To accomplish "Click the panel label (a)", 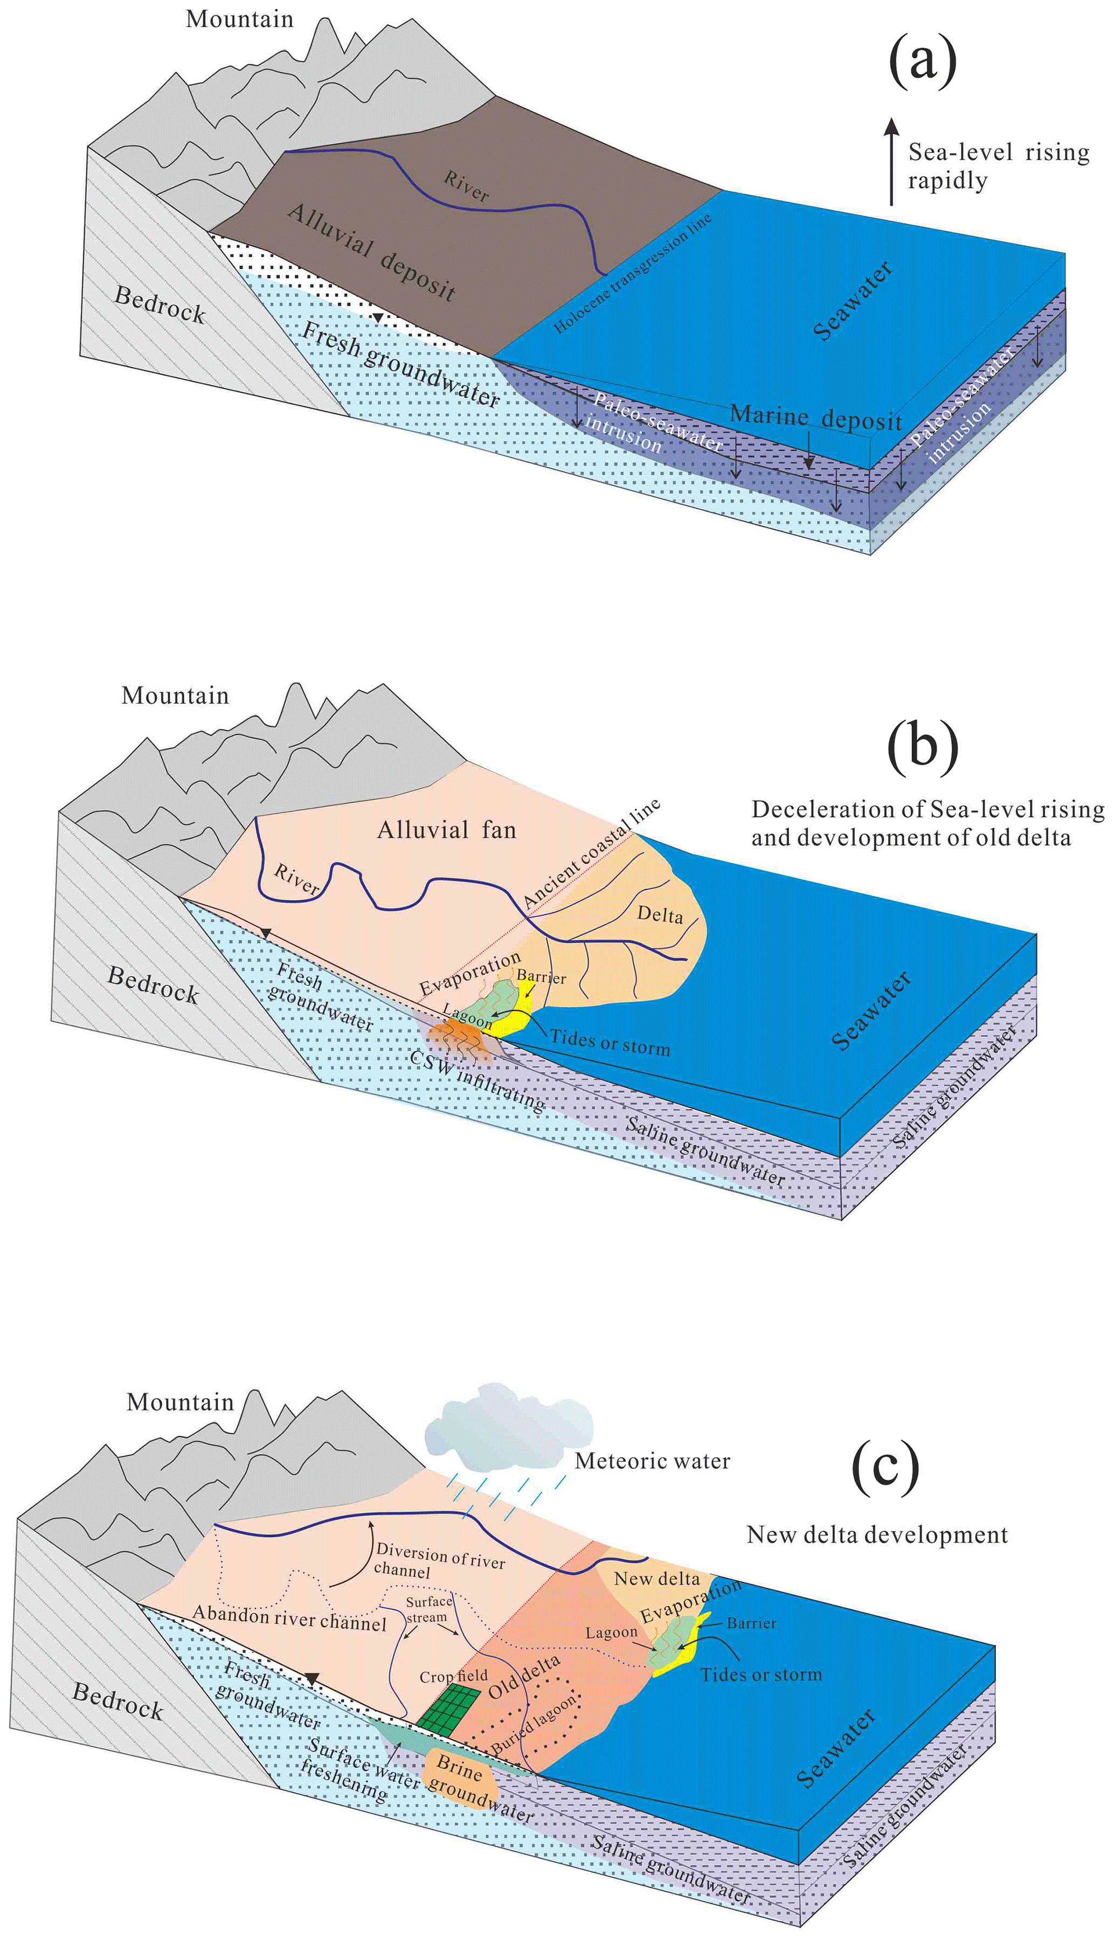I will [922, 61].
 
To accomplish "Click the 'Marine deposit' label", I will [815, 418].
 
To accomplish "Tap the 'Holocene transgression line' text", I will [632, 273].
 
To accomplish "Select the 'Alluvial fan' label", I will [447, 830].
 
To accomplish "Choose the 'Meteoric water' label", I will [652, 1461].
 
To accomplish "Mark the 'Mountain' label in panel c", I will [180, 1402].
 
